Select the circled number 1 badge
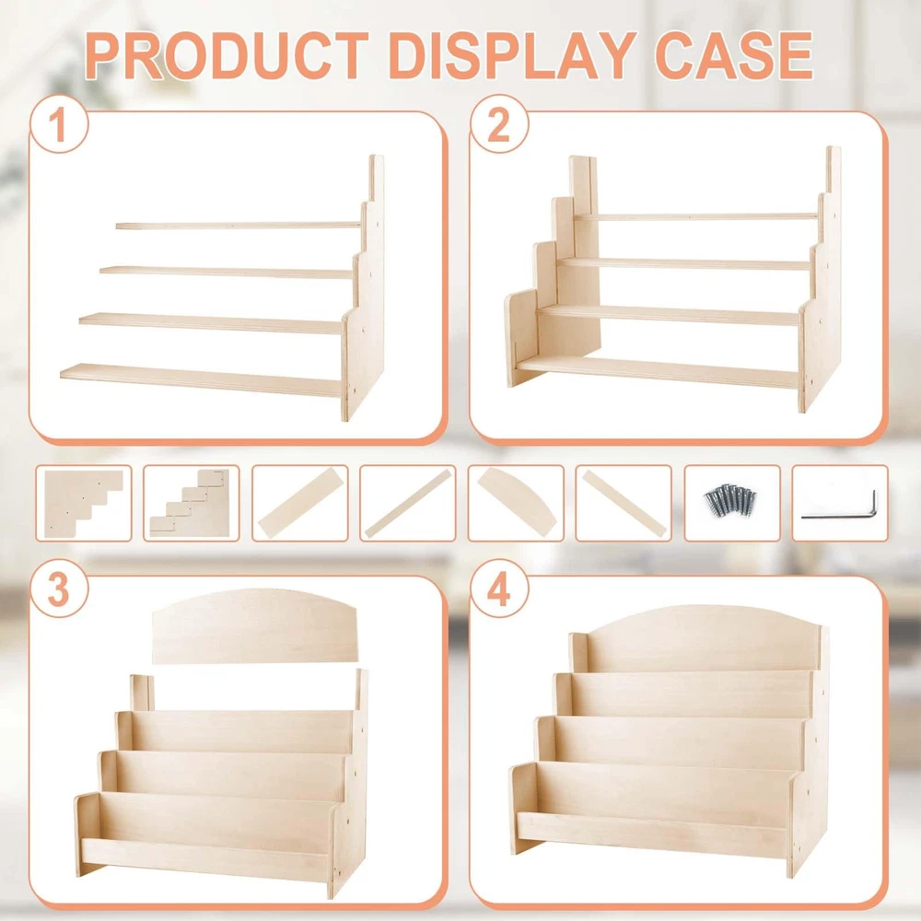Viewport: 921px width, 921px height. coord(59,124)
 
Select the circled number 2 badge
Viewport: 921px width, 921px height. coord(499,124)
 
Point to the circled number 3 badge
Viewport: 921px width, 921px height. coord(59,589)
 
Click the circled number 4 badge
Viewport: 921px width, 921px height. coord(499,589)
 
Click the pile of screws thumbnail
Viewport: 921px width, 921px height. coord(731,500)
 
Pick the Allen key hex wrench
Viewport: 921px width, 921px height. coord(839,506)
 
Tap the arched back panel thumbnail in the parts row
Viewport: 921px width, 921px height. coord(517,502)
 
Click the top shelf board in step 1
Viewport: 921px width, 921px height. coord(238,225)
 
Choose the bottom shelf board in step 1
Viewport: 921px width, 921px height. coord(201,379)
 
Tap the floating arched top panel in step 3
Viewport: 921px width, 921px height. coord(255,626)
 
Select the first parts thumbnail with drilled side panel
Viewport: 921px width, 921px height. coord(84,503)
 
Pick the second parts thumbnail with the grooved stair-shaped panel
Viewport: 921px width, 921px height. coord(191,503)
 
